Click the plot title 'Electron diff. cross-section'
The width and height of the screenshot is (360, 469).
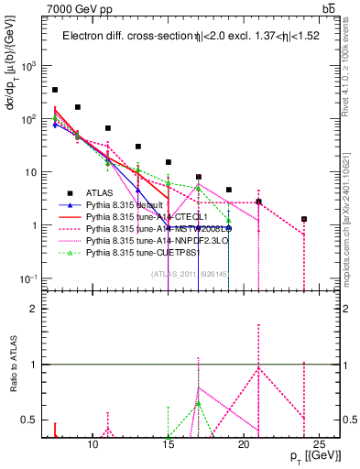119,37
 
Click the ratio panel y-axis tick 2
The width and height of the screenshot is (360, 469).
39,308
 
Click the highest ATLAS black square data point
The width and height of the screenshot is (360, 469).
55,90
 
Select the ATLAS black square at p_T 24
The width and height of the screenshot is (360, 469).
304,219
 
